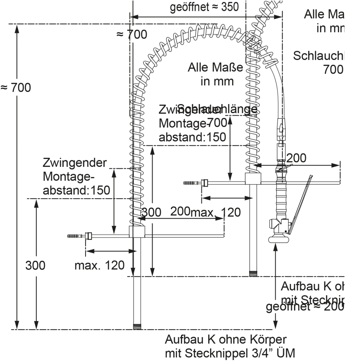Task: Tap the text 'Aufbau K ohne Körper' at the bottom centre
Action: point(225,340)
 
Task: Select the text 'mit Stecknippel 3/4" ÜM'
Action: point(230,353)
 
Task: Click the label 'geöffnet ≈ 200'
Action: point(305,307)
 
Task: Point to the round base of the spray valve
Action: point(279,239)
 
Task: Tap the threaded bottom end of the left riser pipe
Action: point(137,326)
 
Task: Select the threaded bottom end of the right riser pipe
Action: point(253,274)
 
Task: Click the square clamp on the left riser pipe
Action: point(137,232)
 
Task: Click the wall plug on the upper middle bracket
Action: point(191,183)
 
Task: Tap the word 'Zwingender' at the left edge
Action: point(75,163)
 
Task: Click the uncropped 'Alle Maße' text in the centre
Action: point(215,67)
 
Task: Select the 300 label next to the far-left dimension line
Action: point(35,265)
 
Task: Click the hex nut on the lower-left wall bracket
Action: point(88,236)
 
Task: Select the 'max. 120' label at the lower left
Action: point(100,265)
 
